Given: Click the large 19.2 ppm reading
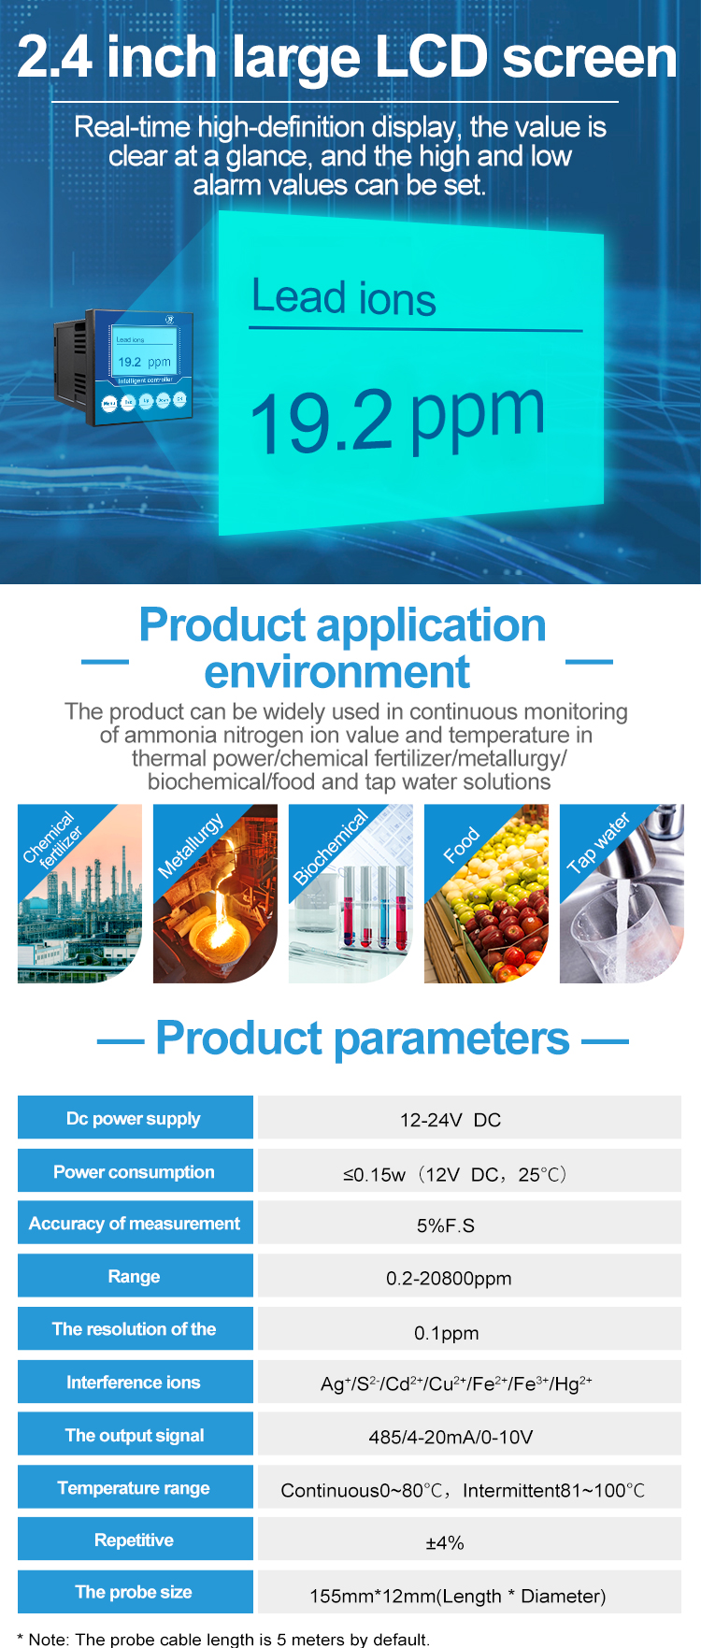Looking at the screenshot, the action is click(x=397, y=419).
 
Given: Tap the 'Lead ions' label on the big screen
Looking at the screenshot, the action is click(x=344, y=298).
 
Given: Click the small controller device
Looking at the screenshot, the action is click(x=124, y=367).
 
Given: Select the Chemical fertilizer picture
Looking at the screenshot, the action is click(x=80, y=894).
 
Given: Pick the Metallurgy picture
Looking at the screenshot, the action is click(x=216, y=894).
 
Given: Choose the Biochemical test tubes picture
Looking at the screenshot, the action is click(x=351, y=894).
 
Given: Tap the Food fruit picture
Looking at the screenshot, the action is click(x=487, y=894).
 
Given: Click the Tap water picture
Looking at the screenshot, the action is click(x=622, y=894).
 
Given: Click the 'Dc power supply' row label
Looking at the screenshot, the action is click(x=135, y=1118).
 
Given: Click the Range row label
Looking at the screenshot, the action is click(x=135, y=1276).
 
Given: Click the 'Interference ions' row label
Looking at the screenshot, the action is click(x=135, y=1382).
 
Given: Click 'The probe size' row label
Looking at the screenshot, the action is click(x=135, y=1592).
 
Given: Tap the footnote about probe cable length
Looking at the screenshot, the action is click(x=223, y=1639).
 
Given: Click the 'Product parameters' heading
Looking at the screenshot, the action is click(x=363, y=1038).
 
